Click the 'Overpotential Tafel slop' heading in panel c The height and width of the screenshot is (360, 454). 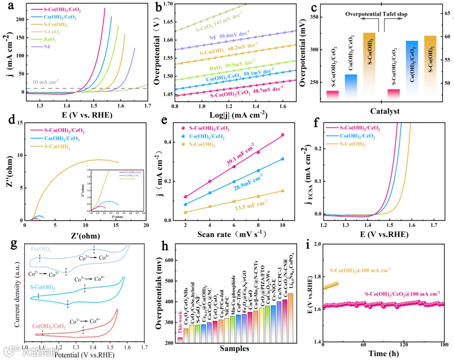pyautogui.click(x=376, y=14)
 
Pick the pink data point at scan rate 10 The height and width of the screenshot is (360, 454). pyautogui.click(x=282, y=135)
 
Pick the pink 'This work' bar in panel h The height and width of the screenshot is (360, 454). pyautogui.click(x=180, y=340)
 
